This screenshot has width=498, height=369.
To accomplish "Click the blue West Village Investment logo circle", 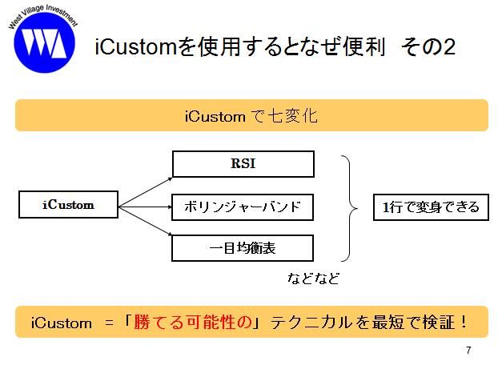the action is (45, 42).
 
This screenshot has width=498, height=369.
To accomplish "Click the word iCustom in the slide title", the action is (135, 46).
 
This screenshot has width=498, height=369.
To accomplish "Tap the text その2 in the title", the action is (428, 46).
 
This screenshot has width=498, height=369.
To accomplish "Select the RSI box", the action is (243, 164).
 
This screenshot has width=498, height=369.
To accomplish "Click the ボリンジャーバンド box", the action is (243, 207).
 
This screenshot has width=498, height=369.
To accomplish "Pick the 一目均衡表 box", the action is (243, 248).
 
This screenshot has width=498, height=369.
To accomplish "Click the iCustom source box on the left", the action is (68, 204).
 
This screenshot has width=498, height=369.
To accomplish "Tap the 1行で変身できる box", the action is (431, 207).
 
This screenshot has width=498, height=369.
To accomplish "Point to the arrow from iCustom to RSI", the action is (145, 192).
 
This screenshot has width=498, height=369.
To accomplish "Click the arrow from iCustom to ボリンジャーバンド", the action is (145, 207).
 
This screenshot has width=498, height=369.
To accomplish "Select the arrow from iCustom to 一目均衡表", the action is (145, 221).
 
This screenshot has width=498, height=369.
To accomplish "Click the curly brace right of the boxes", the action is (350, 208).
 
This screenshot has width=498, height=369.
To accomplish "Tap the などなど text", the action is (314, 279).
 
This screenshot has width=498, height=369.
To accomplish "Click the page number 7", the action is (468, 350).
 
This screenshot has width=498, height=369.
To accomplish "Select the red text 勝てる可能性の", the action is (193, 322).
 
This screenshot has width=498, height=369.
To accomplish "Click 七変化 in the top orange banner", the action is (293, 115).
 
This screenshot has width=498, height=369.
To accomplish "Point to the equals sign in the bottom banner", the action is (109, 323).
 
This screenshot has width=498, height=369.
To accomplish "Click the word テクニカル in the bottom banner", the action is (312, 323).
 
